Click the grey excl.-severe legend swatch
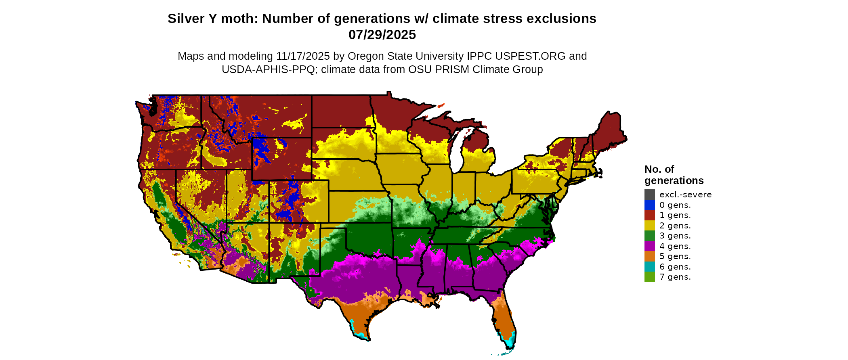tap(649, 195)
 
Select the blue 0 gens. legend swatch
tap(649, 205)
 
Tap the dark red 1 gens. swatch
tap(649, 215)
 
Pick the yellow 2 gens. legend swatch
tap(649, 226)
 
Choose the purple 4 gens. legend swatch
tap(649, 246)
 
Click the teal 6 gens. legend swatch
tap(649, 267)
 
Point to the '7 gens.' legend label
tap(675, 277)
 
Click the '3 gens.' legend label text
tap(675, 236)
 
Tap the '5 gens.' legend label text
tap(675, 256)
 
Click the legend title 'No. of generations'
tap(674, 175)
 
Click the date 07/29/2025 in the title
tap(382, 35)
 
